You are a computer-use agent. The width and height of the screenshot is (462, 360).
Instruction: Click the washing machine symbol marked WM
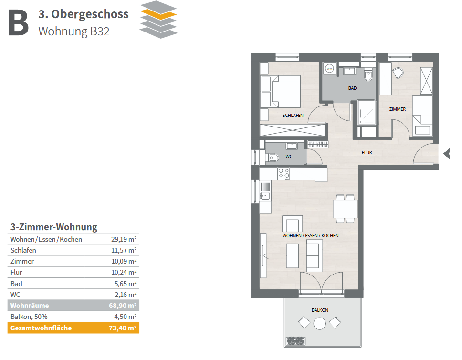(x=329, y=69)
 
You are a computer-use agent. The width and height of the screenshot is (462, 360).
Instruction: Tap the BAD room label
(x=352, y=88)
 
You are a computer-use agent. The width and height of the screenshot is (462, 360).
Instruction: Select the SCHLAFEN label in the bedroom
(x=293, y=115)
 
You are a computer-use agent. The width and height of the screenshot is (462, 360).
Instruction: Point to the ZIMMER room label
(x=398, y=109)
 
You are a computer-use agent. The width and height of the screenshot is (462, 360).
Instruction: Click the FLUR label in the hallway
(x=367, y=152)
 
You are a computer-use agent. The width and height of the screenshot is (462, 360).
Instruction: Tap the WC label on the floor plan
(x=289, y=157)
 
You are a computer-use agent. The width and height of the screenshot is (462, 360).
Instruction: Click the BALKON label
(x=320, y=310)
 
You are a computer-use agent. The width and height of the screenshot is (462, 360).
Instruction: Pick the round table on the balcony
(x=320, y=323)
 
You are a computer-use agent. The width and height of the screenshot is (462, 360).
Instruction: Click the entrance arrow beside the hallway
(x=447, y=154)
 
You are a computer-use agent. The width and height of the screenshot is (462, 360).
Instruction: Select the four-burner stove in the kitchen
(x=284, y=173)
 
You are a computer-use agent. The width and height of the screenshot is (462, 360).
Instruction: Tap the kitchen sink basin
(x=264, y=195)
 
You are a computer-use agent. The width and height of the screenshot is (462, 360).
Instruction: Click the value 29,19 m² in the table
(x=124, y=239)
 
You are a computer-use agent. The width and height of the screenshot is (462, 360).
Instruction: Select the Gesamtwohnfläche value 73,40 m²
(x=123, y=328)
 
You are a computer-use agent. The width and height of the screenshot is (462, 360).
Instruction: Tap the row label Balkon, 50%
(x=29, y=317)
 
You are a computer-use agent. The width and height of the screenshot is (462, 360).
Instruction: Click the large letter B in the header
(x=18, y=23)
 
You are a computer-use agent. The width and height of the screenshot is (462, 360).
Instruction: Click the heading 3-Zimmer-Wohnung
(x=54, y=227)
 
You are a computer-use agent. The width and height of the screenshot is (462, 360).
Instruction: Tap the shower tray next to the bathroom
(x=367, y=112)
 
